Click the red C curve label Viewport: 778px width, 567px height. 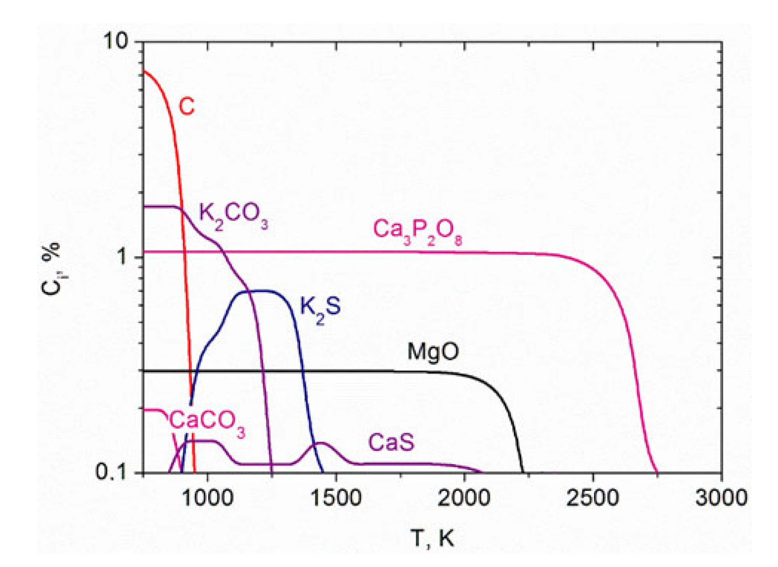coord(186,106)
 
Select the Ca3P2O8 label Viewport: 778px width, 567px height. coord(418,231)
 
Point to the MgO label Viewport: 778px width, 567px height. coord(433,352)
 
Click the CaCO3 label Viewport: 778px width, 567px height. coord(207,423)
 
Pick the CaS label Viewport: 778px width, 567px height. coord(391,442)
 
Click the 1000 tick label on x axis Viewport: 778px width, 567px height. coord(208,497)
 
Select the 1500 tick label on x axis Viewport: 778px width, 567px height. coord(336,497)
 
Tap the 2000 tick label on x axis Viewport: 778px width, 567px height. coord(464,497)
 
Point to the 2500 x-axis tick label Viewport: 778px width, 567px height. coord(593,497)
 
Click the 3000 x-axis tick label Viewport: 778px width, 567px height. coord(721,497)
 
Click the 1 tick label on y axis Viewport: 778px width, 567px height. coord(123,257)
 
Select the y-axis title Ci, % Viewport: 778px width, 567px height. coord(51,269)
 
